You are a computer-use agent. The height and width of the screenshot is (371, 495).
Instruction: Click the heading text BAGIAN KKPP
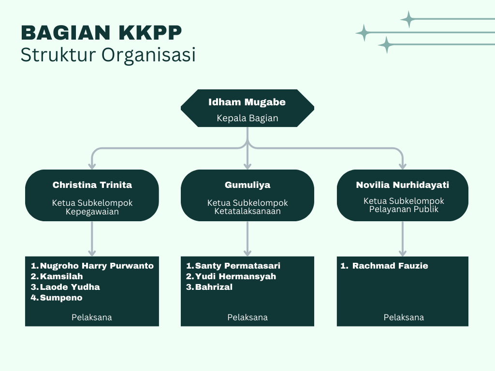click(102, 32)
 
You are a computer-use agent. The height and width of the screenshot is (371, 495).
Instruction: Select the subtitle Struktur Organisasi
click(108, 55)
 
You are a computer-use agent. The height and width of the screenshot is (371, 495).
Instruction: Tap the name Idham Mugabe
click(247, 102)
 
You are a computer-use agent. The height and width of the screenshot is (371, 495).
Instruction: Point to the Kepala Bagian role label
click(247, 118)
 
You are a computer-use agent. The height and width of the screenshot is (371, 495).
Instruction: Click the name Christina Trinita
click(92, 185)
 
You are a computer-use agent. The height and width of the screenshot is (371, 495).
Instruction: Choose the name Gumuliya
click(247, 185)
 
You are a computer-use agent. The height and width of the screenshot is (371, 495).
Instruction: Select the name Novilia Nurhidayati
click(403, 185)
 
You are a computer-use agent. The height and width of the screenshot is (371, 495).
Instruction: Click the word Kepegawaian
click(92, 212)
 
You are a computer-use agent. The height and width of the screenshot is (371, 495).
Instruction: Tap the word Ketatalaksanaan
click(247, 211)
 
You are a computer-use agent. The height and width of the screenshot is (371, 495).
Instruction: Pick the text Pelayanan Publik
click(404, 209)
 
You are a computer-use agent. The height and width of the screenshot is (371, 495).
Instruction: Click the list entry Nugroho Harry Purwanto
click(97, 266)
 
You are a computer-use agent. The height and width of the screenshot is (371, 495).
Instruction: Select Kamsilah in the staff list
click(61, 276)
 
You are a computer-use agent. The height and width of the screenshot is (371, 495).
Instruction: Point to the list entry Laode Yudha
click(70, 287)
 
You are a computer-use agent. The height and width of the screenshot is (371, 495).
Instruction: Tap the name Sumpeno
click(61, 298)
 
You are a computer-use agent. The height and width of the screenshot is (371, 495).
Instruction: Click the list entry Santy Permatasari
click(238, 266)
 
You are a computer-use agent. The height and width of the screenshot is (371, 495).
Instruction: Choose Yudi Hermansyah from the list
click(235, 276)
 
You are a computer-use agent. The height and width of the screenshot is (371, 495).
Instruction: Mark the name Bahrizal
click(214, 287)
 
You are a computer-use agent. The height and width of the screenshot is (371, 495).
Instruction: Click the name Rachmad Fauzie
click(390, 266)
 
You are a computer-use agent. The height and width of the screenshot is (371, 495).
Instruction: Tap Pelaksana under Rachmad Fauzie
click(404, 317)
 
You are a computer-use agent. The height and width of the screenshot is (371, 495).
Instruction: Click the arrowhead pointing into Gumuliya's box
click(247, 166)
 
